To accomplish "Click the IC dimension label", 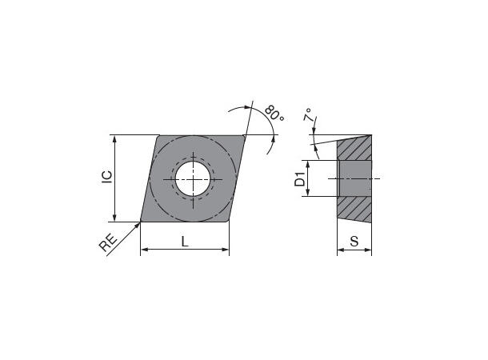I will click(x=106, y=178).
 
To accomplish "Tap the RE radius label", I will click(x=109, y=242).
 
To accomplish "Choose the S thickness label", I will click(x=354, y=241).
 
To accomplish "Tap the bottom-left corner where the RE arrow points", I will click(x=142, y=221).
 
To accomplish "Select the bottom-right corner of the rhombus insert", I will click(x=228, y=221).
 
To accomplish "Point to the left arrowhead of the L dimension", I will click(x=145, y=251).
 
